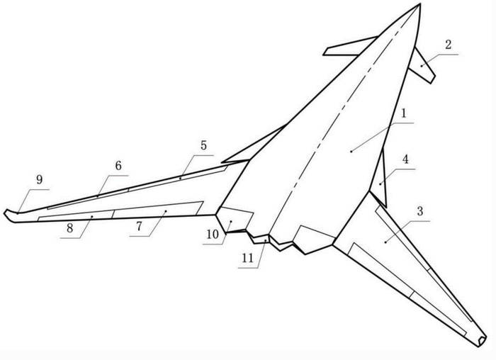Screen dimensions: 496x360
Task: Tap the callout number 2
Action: (x=448, y=45)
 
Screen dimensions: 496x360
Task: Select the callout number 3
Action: (x=420, y=211)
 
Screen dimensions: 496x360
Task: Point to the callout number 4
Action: (x=405, y=160)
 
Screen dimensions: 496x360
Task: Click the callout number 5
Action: (x=203, y=146)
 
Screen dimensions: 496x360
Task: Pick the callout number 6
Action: (x=118, y=165)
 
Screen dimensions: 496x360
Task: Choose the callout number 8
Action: (x=71, y=229)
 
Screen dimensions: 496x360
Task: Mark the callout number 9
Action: (x=39, y=181)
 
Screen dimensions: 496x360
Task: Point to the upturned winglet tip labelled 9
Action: (x=9, y=213)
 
